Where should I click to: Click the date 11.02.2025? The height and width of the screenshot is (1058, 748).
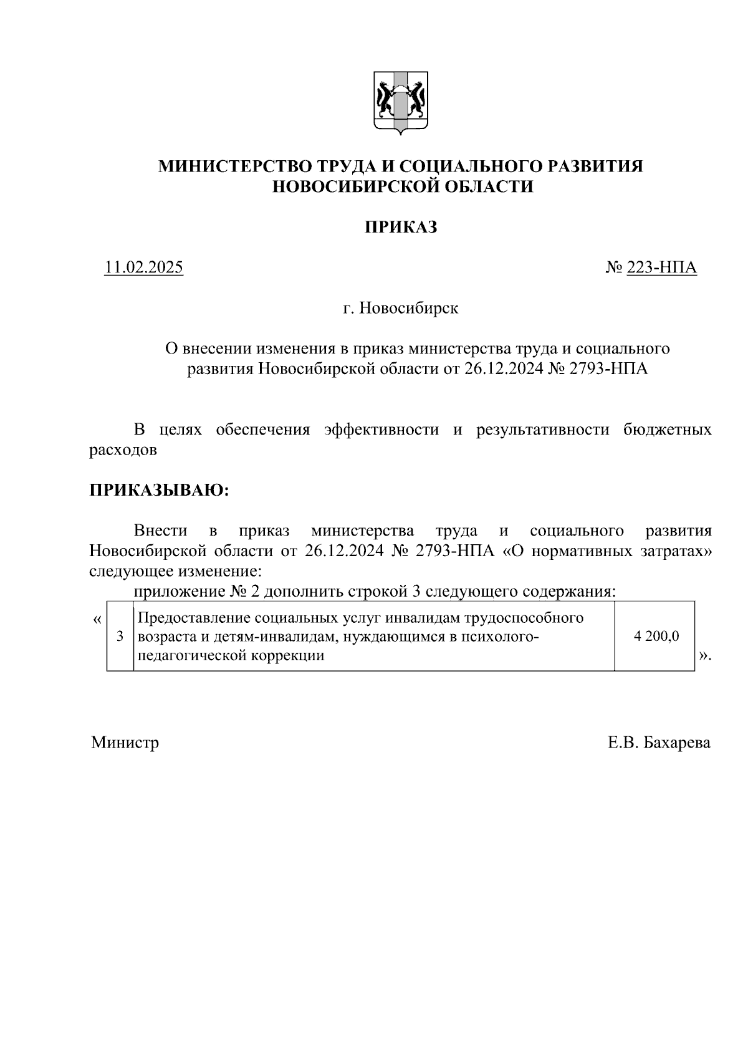tap(143, 267)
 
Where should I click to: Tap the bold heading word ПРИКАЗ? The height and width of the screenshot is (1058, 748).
tap(400, 227)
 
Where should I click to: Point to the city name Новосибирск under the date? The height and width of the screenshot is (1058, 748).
tap(409, 308)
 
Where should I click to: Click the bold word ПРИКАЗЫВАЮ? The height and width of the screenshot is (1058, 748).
tap(160, 490)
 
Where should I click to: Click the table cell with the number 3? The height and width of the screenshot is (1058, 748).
tap(120, 637)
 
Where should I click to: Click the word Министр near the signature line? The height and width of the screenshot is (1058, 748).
tap(125, 743)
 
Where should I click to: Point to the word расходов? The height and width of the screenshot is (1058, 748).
tap(123, 450)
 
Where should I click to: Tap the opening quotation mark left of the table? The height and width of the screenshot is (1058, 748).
tap(97, 620)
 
